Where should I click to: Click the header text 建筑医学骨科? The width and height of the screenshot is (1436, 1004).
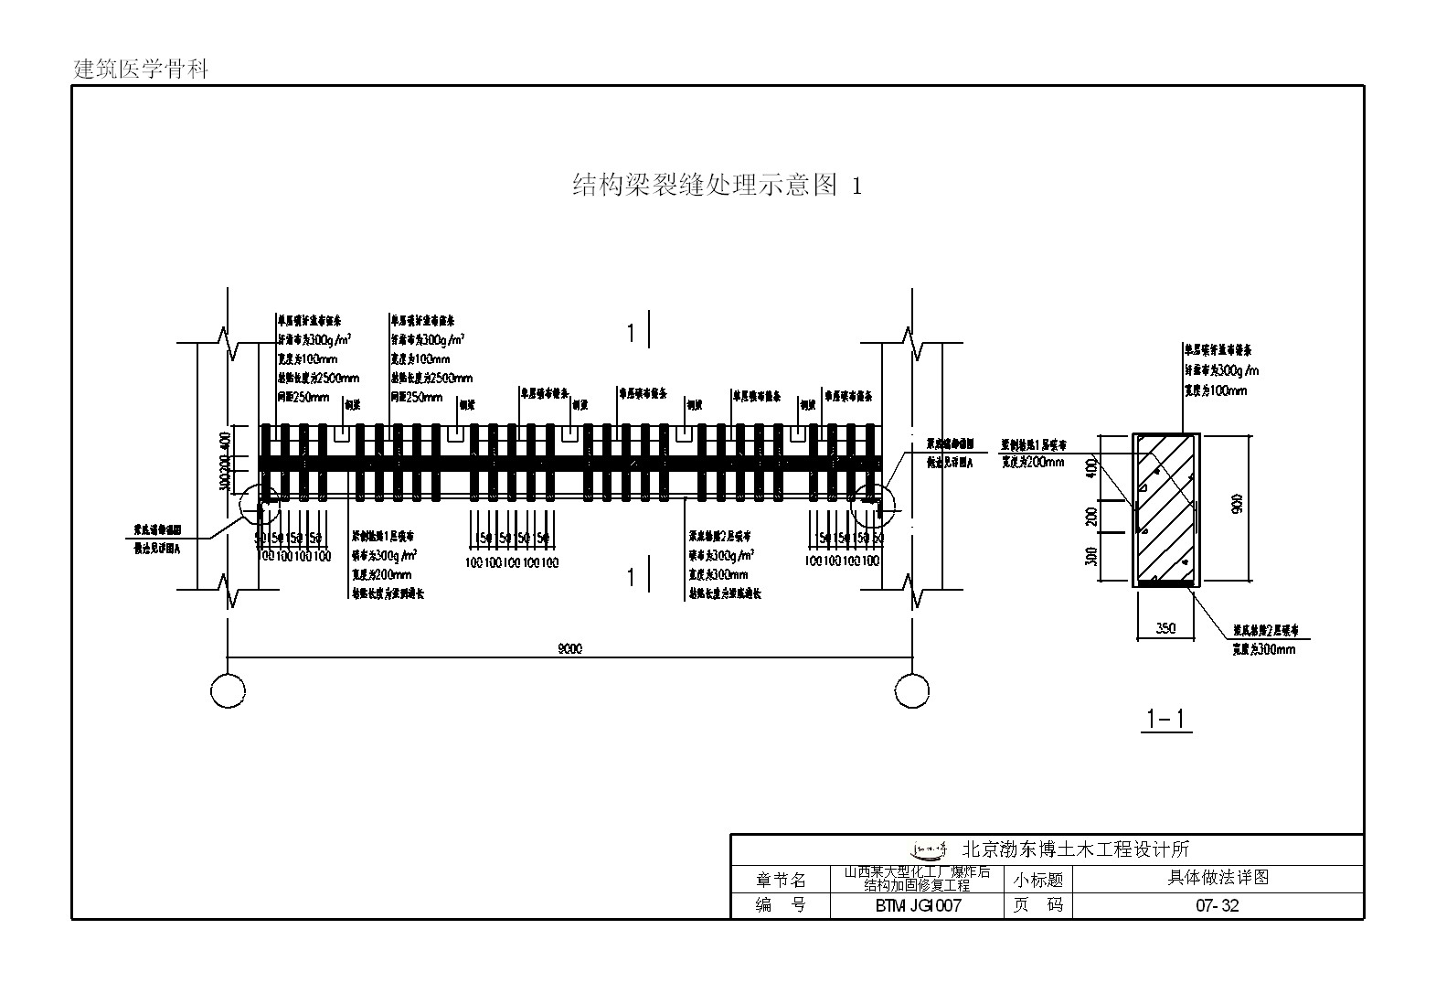141,69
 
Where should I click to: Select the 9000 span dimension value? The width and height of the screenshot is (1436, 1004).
569,649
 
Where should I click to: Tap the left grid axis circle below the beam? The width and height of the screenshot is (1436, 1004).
228,690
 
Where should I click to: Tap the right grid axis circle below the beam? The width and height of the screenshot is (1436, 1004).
911,690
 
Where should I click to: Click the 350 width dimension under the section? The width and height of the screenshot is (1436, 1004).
1165,628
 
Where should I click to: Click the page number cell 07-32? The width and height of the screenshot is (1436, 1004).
1217,906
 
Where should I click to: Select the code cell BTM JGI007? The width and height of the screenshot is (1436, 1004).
917,906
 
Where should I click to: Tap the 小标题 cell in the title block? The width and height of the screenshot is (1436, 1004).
1038,881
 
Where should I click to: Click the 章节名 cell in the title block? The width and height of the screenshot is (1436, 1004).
781,881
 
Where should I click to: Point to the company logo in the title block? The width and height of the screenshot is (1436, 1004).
930,849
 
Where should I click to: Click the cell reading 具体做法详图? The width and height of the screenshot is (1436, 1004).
1217,878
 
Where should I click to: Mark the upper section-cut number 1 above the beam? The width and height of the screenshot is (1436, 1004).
631,334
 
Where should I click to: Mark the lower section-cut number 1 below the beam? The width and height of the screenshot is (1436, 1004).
631,578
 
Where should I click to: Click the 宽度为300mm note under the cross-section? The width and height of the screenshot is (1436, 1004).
1263,649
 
